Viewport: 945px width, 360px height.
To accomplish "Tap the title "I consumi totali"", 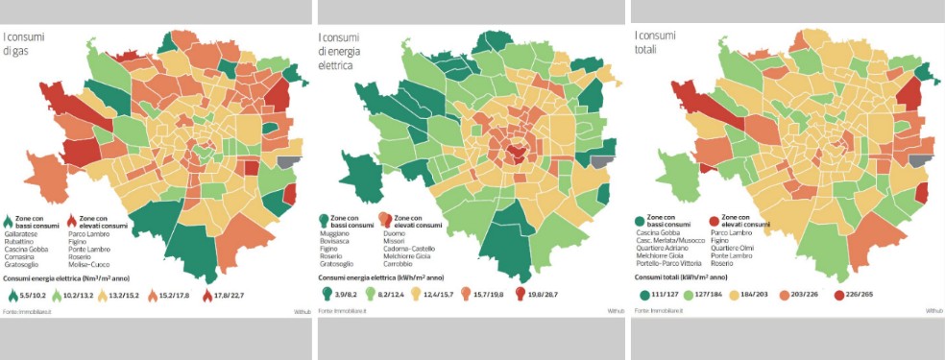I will (x=656, y=42).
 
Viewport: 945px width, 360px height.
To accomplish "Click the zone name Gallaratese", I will (x=22, y=233).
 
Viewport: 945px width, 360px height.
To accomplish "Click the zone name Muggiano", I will (x=339, y=232).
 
